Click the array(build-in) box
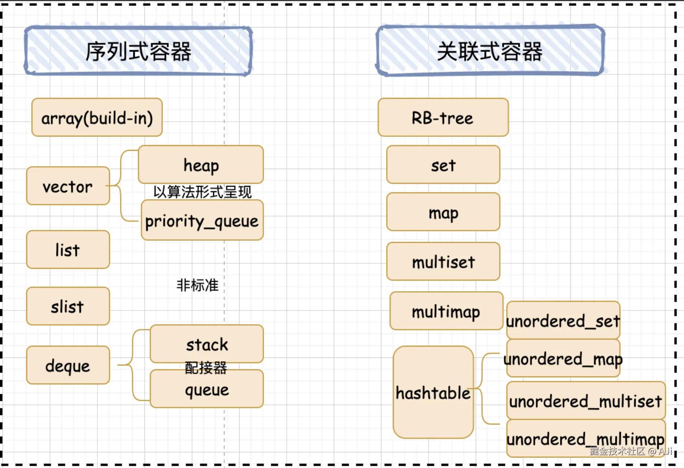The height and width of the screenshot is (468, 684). click(x=97, y=118)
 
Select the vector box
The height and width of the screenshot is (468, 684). click(x=68, y=186)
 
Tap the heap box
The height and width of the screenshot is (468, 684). click(x=201, y=164)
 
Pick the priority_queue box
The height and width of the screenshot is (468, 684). click(x=202, y=220)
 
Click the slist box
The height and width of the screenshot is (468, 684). click(x=68, y=306)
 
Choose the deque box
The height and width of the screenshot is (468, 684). click(x=68, y=365)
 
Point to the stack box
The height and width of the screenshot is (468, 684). click(x=207, y=344)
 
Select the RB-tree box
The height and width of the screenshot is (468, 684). click(x=443, y=118)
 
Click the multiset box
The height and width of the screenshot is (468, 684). click(x=443, y=261)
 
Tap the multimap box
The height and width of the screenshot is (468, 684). click(x=446, y=311)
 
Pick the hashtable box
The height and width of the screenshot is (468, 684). click(x=433, y=392)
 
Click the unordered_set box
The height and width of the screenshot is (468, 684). click(x=563, y=320)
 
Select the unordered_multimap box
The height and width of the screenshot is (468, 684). click(x=585, y=439)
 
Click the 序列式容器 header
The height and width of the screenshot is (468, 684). click(x=138, y=51)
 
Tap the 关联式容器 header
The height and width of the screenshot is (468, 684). click(x=490, y=51)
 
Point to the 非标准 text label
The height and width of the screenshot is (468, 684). click(x=198, y=285)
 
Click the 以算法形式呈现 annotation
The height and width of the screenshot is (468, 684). click(x=202, y=192)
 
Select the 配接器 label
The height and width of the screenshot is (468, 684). click(x=206, y=368)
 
